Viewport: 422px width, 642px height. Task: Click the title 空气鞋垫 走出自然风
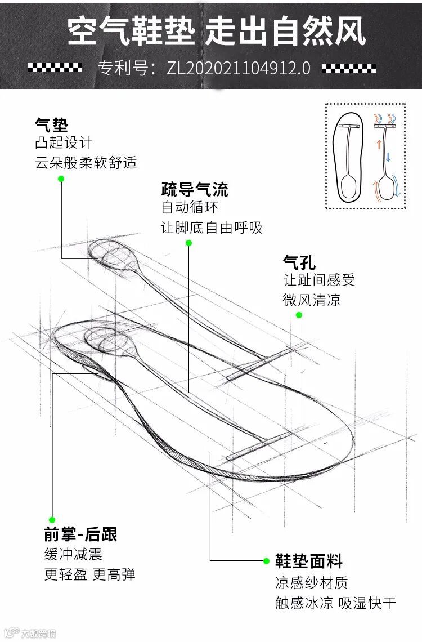coord(217,31)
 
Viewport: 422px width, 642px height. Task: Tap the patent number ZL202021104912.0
coord(239,68)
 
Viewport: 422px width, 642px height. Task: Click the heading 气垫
coord(51,124)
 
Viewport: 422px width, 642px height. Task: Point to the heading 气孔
coord(299,262)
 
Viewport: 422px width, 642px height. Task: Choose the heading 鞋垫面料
coord(308,561)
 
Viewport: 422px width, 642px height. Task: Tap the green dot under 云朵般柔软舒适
coord(61,179)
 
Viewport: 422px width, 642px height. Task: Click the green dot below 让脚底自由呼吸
coord(188,243)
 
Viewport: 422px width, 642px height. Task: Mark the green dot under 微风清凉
coord(299,315)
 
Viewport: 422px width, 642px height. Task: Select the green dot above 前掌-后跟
coord(52,519)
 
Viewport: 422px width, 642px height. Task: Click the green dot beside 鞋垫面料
coord(266,561)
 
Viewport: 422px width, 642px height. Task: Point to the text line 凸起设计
coord(63,143)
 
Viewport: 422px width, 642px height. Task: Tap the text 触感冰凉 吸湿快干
coord(335,603)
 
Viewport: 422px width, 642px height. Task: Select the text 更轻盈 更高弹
coord(90,574)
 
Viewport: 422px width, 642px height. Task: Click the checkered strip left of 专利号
coord(55,68)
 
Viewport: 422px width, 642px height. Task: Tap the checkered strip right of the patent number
coord(348,69)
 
